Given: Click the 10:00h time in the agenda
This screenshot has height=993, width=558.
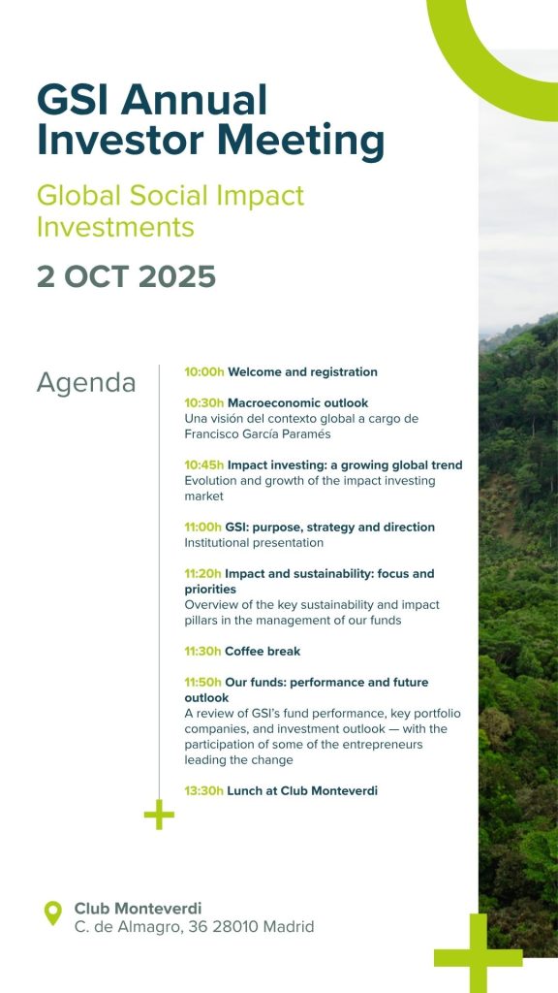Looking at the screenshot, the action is coord(204,371).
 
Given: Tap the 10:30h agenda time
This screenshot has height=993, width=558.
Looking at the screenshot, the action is coord(204,402).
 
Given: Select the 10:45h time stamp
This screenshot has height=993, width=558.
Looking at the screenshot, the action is coord(204,464).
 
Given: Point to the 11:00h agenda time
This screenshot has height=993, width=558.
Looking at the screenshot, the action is coord(203,527).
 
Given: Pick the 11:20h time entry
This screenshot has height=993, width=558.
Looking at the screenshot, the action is coord(203,574).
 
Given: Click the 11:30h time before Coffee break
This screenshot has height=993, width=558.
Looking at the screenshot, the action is coord(203,651).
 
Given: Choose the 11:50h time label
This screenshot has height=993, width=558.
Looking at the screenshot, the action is coord(203,682).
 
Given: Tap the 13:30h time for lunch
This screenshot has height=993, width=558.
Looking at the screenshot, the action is coord(203,790).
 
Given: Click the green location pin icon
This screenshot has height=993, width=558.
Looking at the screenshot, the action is coord(53,913).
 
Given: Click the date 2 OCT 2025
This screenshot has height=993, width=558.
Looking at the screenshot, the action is coord(127,276).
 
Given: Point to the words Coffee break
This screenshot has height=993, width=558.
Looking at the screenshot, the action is coord(263,651).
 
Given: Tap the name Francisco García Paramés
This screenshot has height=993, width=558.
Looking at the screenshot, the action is coord(258,433).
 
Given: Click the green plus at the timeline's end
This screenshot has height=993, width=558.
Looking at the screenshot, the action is coord(159,815).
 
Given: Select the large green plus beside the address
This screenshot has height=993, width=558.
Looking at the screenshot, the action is coord(479,954).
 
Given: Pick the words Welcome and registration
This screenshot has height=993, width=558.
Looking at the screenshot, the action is coord(302,371).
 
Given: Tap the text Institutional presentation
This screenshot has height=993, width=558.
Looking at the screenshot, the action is coord(254,543).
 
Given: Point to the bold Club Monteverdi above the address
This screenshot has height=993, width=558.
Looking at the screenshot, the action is coord(138,909).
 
